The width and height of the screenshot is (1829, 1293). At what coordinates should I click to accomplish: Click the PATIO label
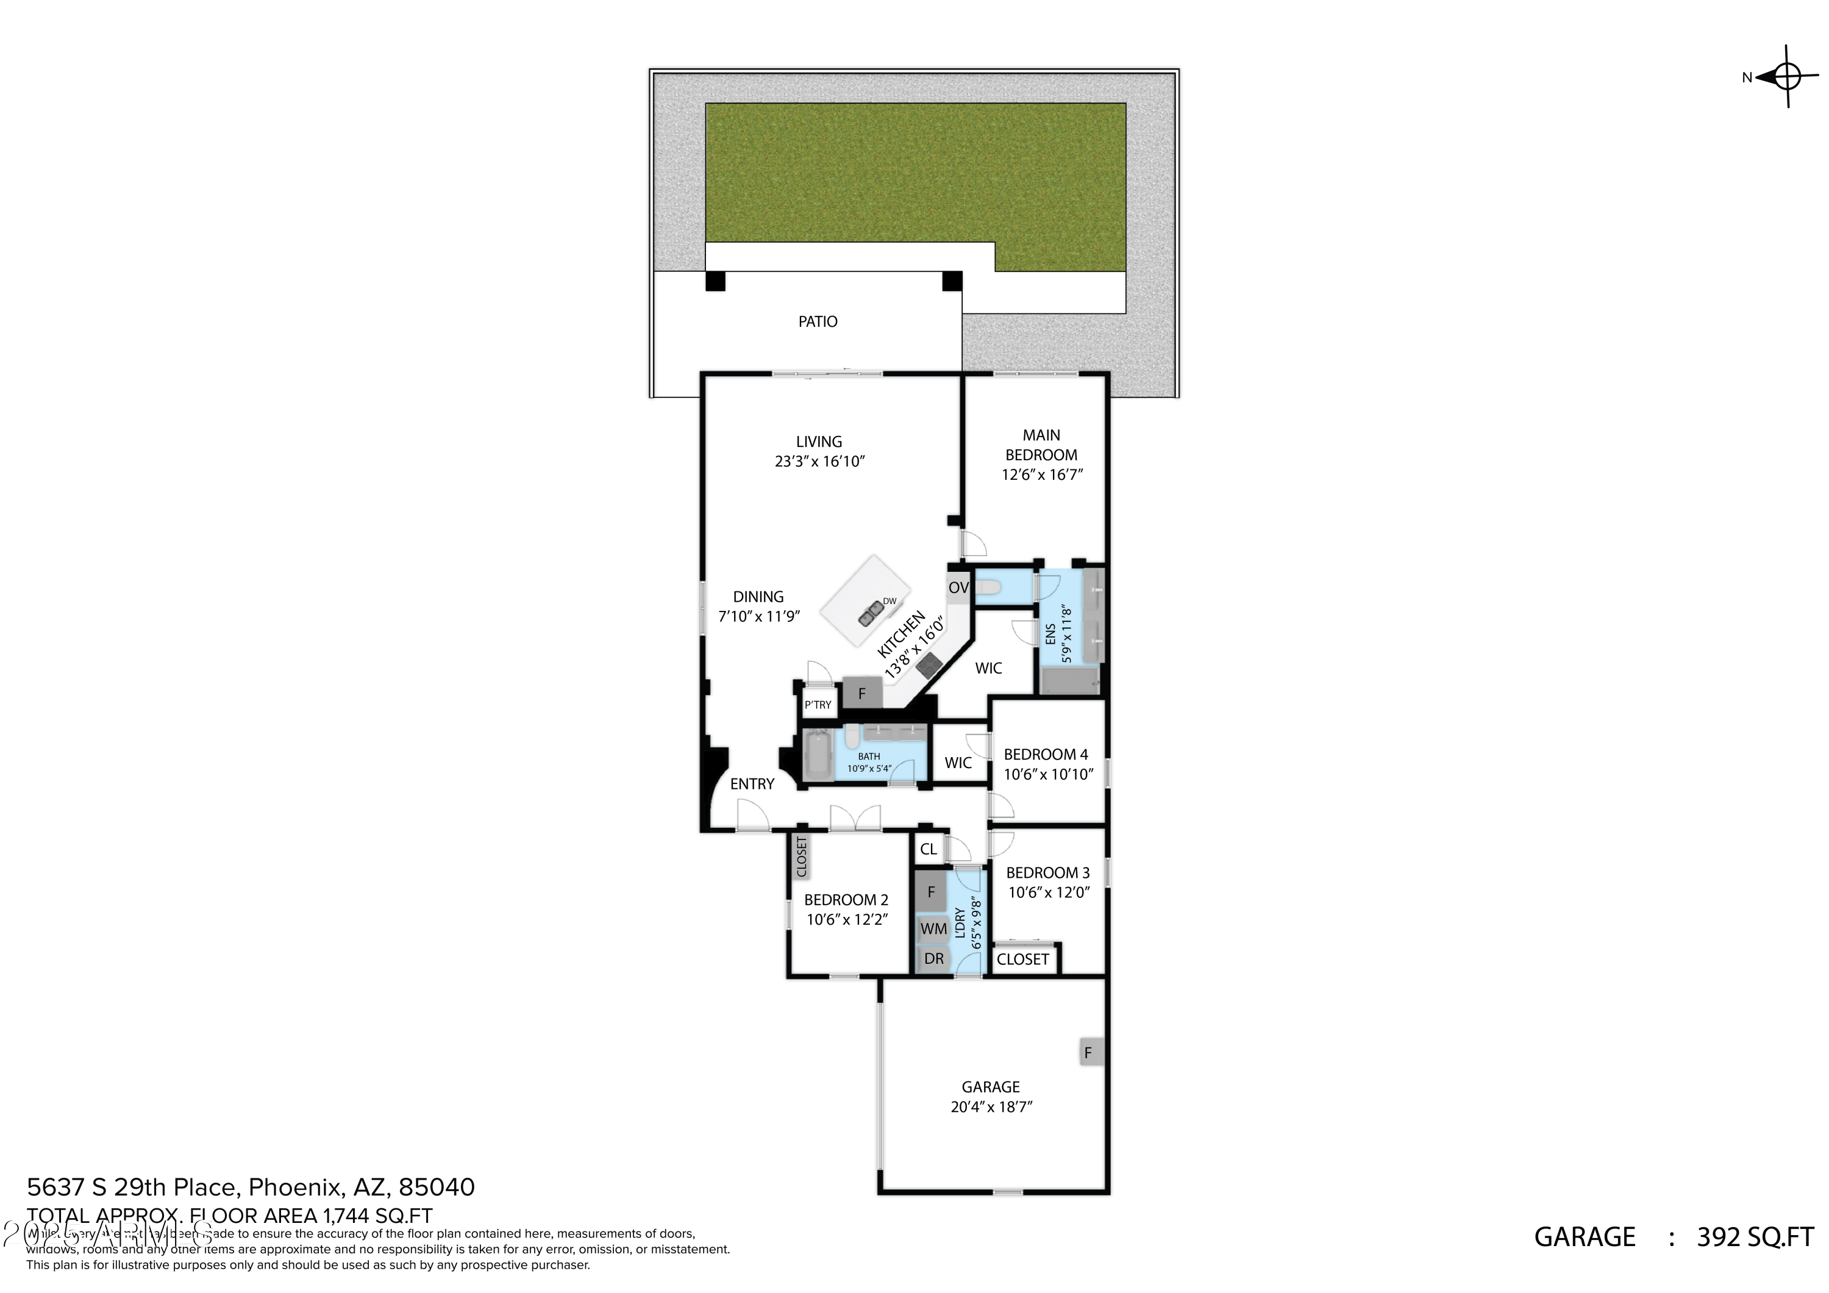tap(818, 322)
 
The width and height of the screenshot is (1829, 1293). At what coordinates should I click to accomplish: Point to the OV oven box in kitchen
tap(958, 588)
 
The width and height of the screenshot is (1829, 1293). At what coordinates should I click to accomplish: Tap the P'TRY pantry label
tap(818, 705)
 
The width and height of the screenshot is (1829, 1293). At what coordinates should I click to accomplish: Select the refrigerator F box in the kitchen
tap(862, 694)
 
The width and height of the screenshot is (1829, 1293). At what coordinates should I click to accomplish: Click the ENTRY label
tap(752, 784)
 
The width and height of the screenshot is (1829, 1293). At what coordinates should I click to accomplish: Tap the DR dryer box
tap(933, 959)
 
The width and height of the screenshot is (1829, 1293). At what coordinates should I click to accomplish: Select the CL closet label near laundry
tap(928, 849)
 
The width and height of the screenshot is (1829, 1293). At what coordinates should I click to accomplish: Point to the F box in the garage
tap(1088, 1053)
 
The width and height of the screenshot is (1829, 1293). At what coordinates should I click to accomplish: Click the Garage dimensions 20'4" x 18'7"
tap(991, 1106)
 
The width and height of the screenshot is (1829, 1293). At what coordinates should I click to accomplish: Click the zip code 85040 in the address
tap(437, 1187)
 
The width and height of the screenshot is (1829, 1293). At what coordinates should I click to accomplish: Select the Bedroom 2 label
tap(846, 900)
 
